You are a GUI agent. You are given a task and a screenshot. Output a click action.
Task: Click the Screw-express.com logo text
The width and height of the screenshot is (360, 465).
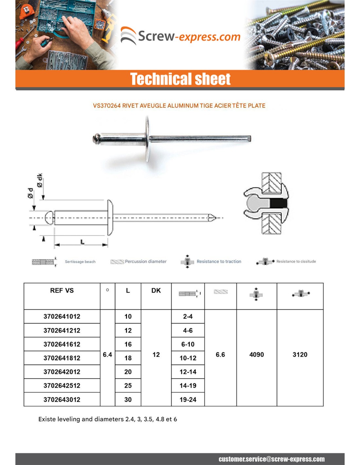coord(189,36)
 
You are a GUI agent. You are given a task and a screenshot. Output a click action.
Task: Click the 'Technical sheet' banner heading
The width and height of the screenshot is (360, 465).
coord(180,79)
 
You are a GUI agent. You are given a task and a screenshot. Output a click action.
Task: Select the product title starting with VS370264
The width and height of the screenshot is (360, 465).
coord(179,106)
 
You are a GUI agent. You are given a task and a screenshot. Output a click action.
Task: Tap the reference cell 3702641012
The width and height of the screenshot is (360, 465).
coord(62,317)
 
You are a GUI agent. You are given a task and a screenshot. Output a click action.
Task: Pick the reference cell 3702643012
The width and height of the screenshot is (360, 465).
coord(62,400)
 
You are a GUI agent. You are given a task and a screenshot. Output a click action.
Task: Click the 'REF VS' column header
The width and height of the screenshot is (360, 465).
coord(62,290)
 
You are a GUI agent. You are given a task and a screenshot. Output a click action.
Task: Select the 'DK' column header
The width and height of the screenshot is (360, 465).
coord(156,290)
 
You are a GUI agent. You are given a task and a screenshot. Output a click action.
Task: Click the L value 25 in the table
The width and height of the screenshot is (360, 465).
coord(128,386)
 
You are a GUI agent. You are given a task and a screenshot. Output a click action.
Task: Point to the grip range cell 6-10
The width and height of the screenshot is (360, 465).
coord(188,344)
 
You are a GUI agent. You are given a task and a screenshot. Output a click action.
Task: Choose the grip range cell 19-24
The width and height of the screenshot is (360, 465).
coord(188,400)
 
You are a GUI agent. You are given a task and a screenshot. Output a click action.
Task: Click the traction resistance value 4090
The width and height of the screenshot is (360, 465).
coord(257,355)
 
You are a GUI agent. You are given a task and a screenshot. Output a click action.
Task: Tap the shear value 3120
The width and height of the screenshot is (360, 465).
coord(300,355)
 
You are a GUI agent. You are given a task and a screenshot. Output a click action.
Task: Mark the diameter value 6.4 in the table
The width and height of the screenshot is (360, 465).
coord(107,355)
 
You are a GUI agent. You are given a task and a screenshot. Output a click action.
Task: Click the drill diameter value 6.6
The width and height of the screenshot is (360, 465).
coord(220,355)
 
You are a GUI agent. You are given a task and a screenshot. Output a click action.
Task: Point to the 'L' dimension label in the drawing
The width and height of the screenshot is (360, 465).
coord(82,242)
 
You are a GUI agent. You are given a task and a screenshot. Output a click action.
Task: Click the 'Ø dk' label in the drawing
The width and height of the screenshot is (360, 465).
coord(40,180)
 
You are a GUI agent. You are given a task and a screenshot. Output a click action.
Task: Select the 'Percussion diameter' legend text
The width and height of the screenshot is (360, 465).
coord(146,262)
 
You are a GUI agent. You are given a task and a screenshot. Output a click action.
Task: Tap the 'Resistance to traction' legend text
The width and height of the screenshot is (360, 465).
coord(219,262)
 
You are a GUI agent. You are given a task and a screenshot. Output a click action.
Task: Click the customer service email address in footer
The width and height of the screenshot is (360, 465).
coord(272,459)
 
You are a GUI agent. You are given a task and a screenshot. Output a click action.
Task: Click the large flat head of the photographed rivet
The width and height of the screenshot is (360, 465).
coord(147,139)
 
